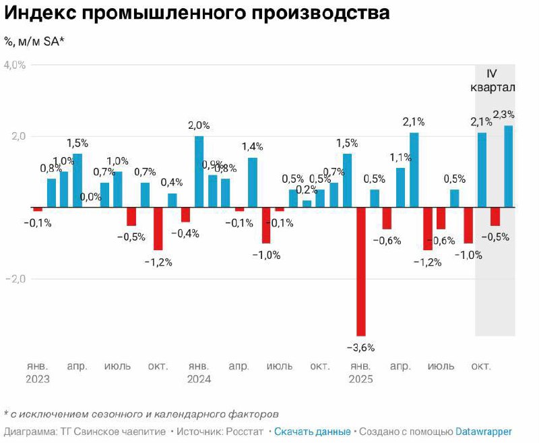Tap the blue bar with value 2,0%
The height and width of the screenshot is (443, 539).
199,171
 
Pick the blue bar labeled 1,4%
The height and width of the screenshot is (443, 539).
253,182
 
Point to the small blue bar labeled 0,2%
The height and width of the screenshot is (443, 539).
307,204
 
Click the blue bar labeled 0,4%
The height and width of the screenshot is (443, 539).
172,200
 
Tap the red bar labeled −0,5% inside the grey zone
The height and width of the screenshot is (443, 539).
495,216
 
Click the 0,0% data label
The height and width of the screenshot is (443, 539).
90,197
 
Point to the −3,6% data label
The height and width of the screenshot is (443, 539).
360,347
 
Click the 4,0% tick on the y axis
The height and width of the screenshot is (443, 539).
14,65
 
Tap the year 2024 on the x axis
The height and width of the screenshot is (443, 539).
199,379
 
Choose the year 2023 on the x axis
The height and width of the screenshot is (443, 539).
38,379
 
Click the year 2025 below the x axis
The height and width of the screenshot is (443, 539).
360,379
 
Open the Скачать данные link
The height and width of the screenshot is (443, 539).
312,432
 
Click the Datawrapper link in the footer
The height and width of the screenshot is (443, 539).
483,432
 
